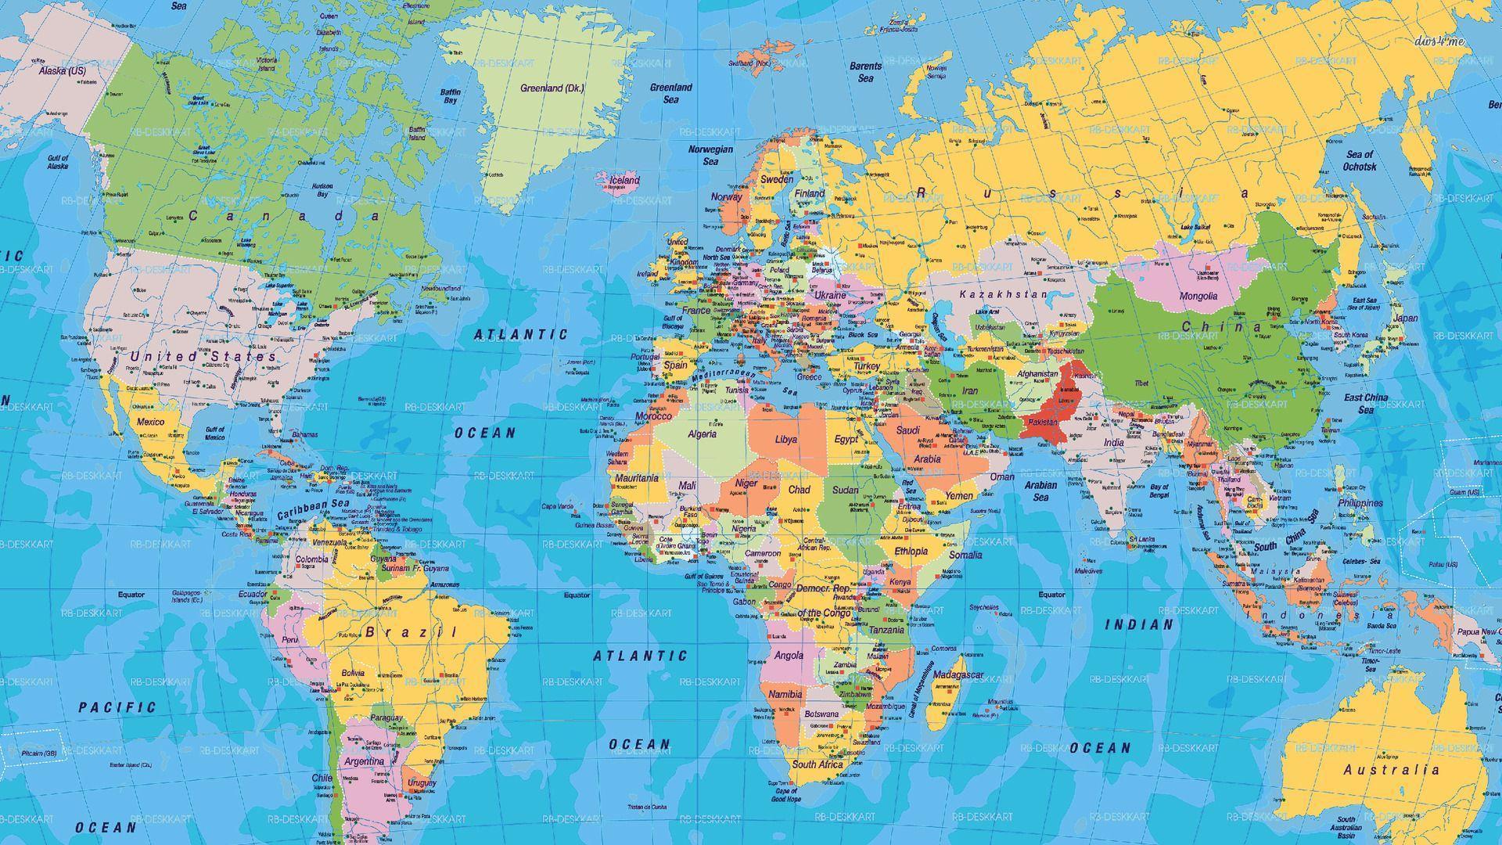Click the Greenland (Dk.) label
coord(552,88)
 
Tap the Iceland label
coord(624,181)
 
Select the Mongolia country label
coord(1198,297)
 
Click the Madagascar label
coord(958,674)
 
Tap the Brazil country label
coord(411,631)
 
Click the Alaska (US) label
coord(63,70)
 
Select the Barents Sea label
coord(865,72)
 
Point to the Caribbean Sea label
coord(313,509)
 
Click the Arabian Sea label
coord(1040,491)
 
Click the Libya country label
coord(785,440)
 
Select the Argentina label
coord(364,761)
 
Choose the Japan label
coord(1406,318)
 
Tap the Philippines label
coord(1360,503)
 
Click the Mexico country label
coord(150,422)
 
